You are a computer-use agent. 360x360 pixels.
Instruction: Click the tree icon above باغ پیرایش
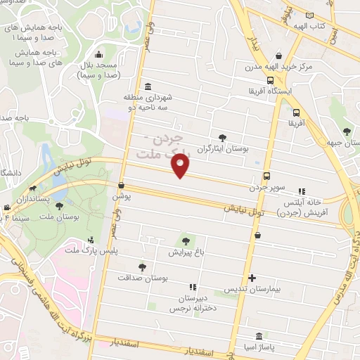(x=186, y=241)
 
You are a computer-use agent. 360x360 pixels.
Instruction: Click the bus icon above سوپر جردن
(x=266, y=176)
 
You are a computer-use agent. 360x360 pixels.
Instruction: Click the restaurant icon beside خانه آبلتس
(x=302, y=191)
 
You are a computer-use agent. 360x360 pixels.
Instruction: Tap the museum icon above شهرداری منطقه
(x=148, y=87)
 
